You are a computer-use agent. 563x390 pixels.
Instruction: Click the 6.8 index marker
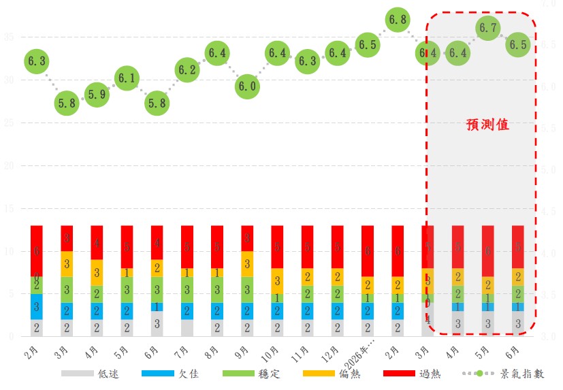point(397,20)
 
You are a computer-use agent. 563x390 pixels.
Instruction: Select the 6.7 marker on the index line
point(487,28)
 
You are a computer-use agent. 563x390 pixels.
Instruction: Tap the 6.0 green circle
point(247,86)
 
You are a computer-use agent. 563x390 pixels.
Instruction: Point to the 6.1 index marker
point(127,78)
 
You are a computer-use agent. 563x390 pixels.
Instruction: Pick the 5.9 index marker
point(97,95)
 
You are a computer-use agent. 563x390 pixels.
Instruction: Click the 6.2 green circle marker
point(187,69)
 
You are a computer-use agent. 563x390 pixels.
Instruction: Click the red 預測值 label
point(487,125)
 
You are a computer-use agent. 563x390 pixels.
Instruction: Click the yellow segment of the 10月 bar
point(277,280)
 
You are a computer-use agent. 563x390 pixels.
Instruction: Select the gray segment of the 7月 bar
point(187,327)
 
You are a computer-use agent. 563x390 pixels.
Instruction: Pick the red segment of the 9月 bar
point(247,238)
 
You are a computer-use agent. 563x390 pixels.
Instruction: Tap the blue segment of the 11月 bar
point(307,310)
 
